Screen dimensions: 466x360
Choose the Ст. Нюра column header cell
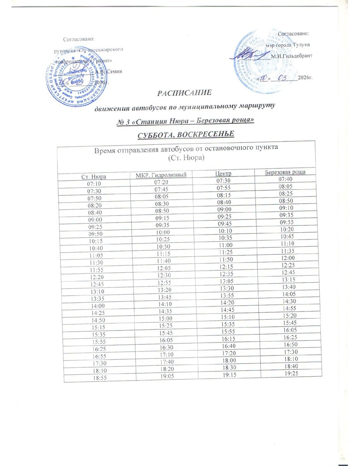[93, 177]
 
